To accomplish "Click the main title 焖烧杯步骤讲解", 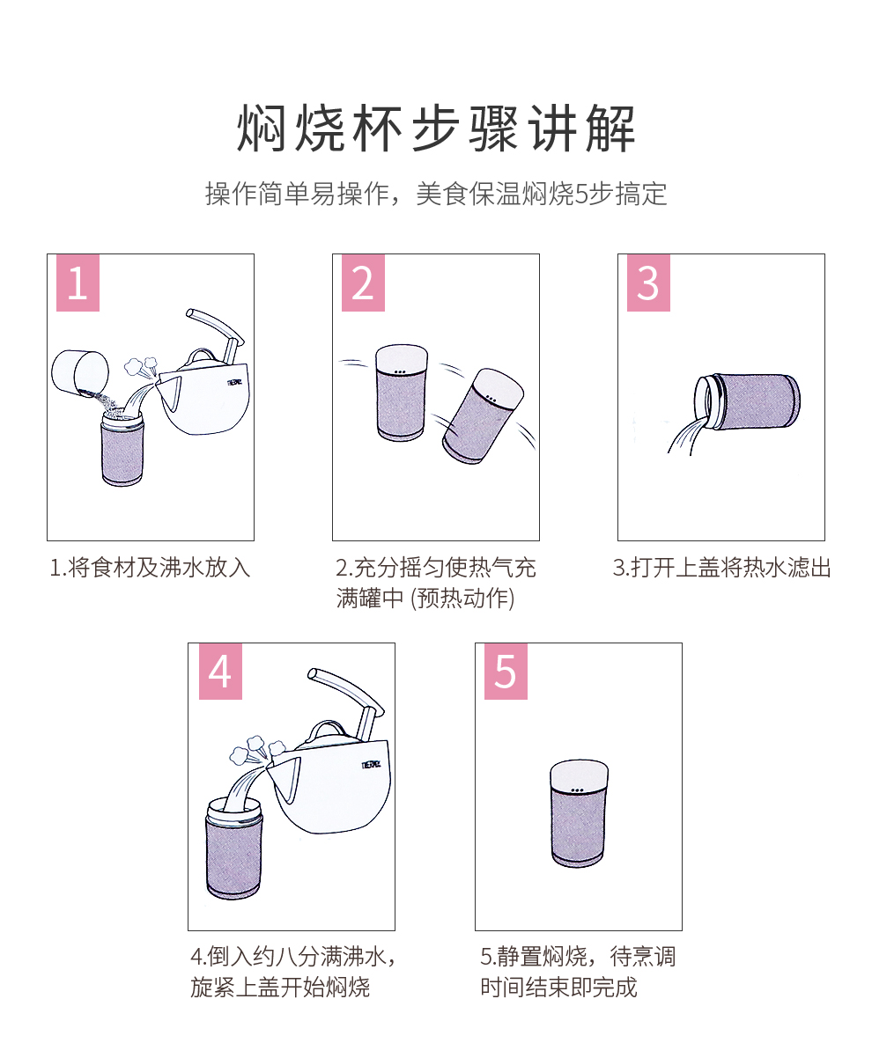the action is click(x=436, y=129).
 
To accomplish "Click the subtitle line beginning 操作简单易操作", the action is click(x=436, y=195).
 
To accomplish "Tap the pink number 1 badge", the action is click(x=78, y=283).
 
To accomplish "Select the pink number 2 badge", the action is click(x=363, y=283).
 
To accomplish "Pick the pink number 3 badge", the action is click(x=648, y=283).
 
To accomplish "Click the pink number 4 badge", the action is click(x=220, y=672).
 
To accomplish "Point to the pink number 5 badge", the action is click(x=506, y=672).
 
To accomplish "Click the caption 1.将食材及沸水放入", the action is click(x=151, y=568).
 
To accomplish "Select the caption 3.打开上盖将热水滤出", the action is click(x=721, y=568).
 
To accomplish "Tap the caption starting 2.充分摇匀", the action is click(x=436, y=583).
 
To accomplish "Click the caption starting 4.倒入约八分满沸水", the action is click(x=293, y=971).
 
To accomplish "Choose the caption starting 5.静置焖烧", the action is click(x=578, y=971).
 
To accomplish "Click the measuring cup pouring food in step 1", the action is click(x=80, y=374).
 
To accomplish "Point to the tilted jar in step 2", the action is click(x=484, y=415).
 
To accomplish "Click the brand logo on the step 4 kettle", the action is click(x=371, y=764).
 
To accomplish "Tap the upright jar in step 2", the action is click(x=401, y=393).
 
